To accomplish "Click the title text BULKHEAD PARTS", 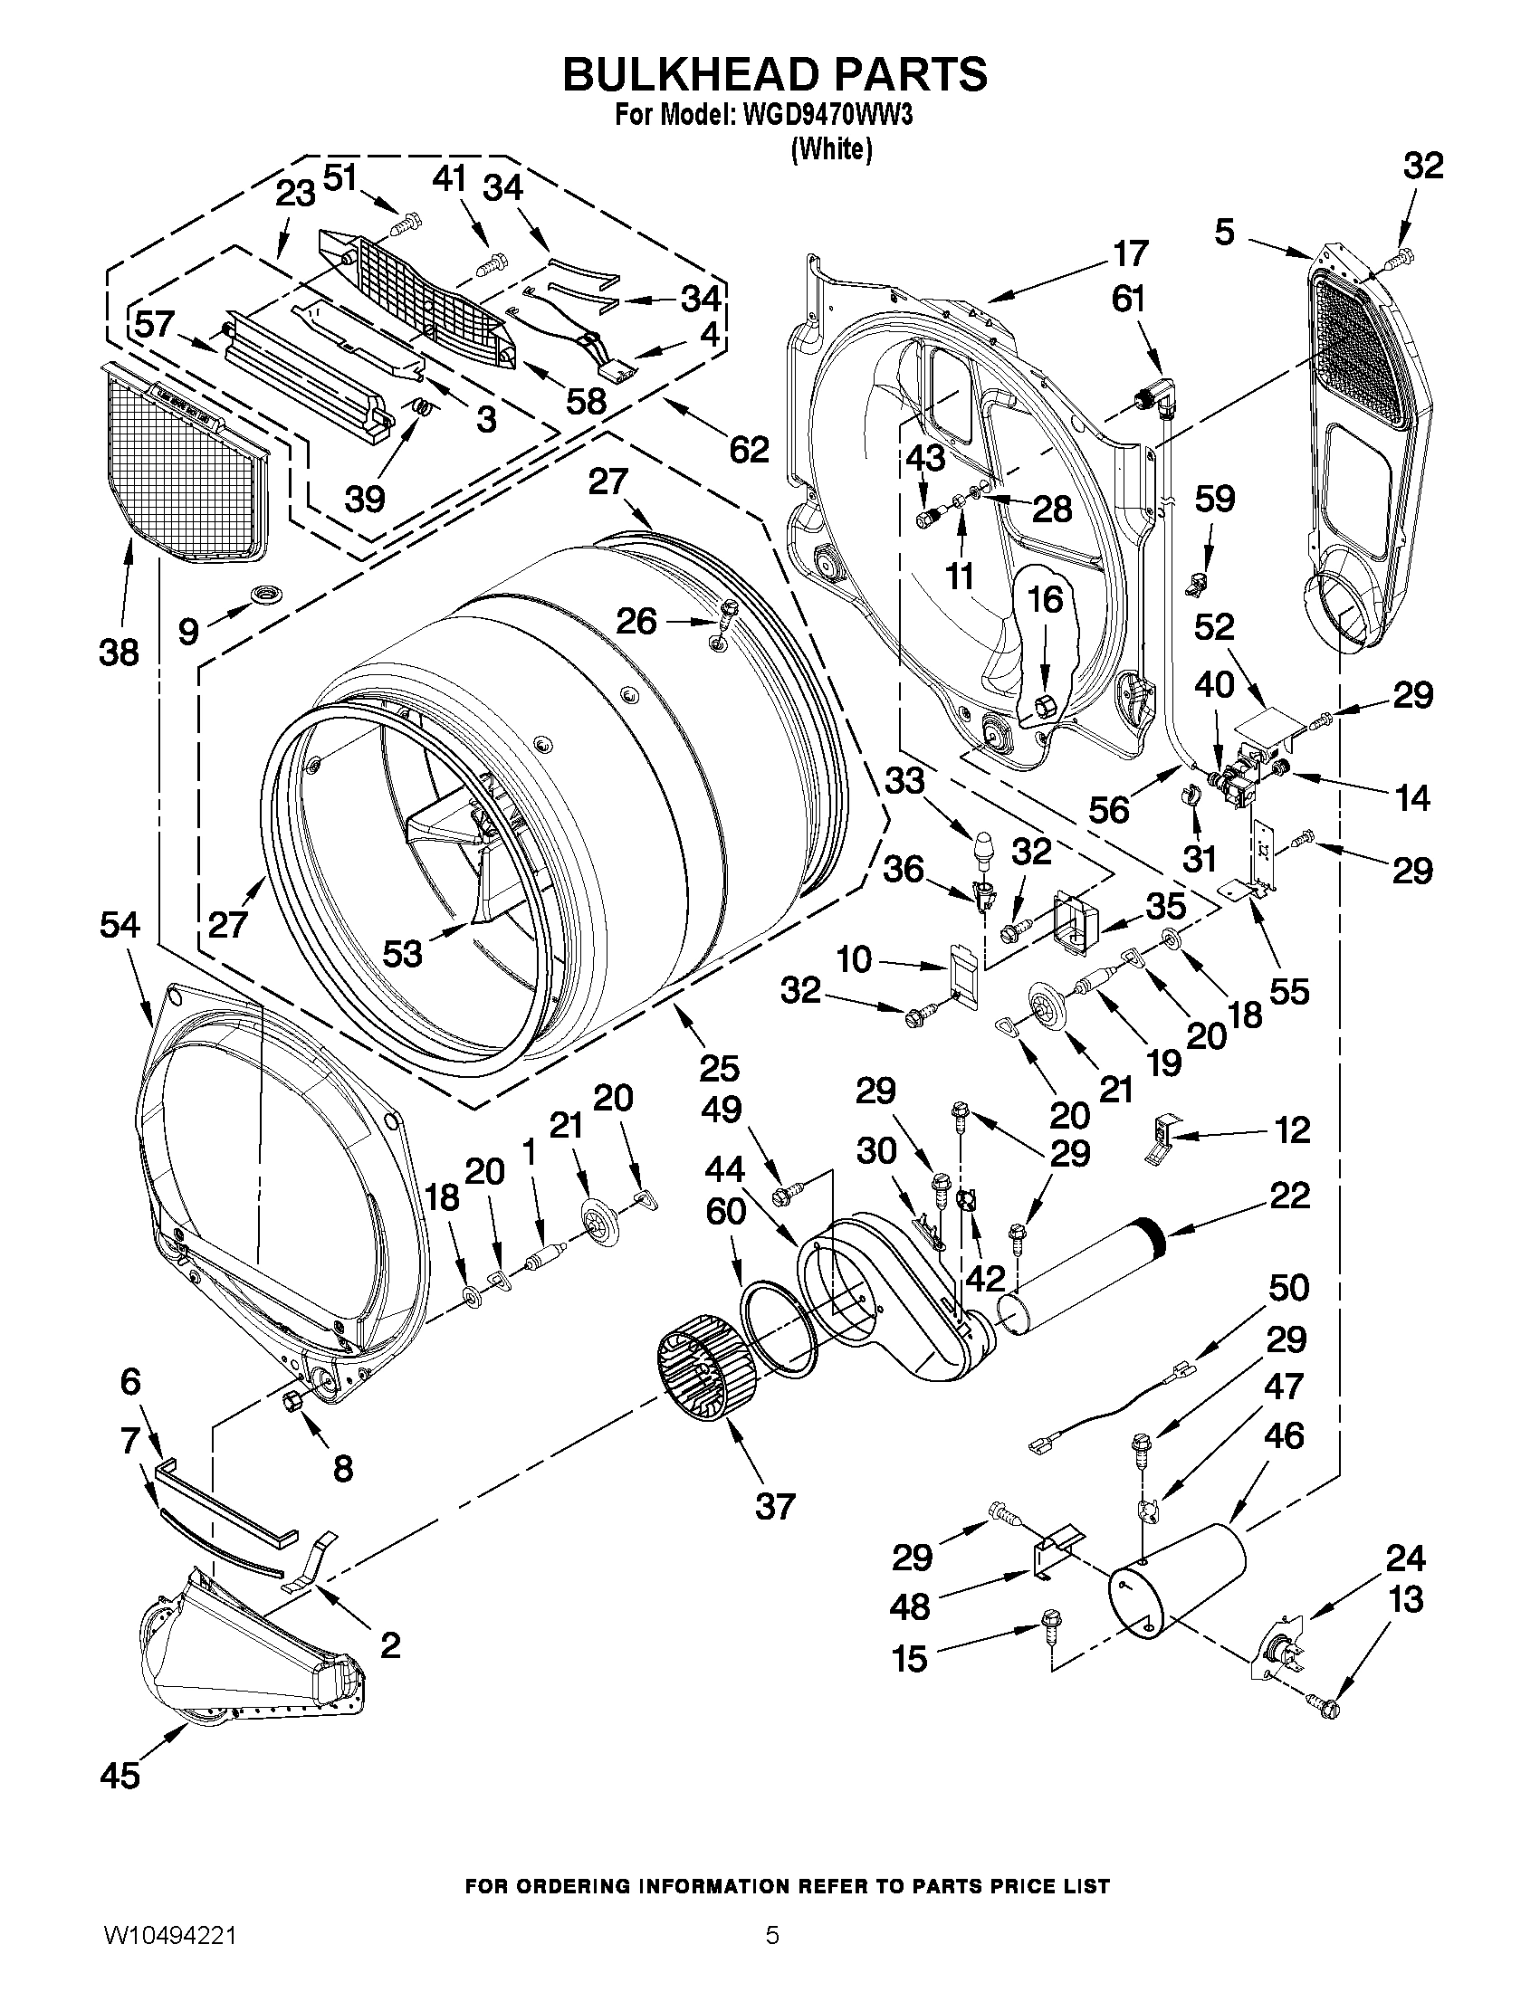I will [774, 74].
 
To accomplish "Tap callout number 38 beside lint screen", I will [119, 653].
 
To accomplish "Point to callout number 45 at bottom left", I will [120, 1775].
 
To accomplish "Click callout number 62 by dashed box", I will [749, 449].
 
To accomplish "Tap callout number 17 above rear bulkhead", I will [1131, 253].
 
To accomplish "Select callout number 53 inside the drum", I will [402, 953].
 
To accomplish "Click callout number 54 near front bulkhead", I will [120, 925].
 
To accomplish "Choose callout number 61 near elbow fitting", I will [1129, 299].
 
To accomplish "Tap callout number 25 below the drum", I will [718, 1067].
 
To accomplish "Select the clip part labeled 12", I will [1159, 1140].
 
